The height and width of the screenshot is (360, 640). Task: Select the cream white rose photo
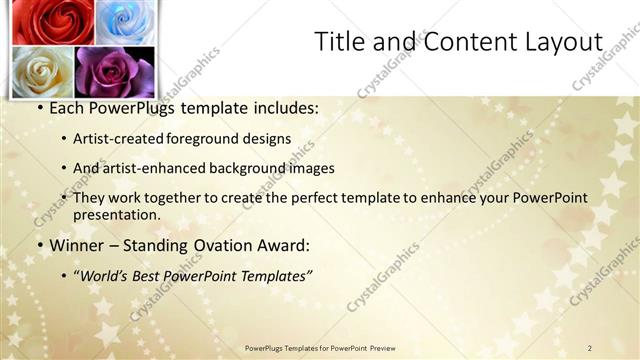42,70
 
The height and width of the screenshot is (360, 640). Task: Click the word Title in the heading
339,42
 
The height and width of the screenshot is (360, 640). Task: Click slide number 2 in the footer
591,348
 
